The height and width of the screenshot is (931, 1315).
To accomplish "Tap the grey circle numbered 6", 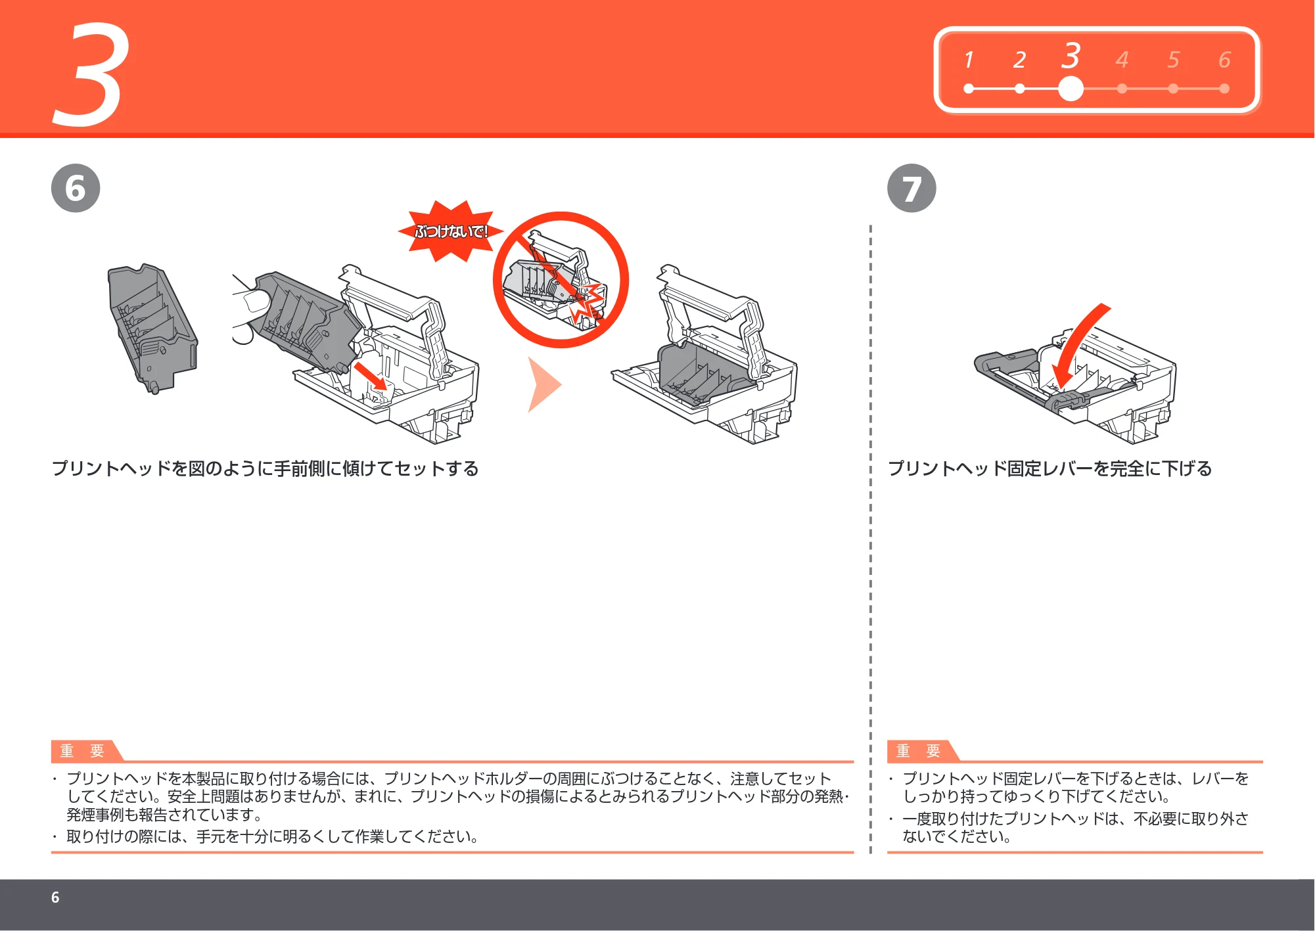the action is [76, 188].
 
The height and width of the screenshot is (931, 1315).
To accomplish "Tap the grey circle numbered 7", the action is [911, 188].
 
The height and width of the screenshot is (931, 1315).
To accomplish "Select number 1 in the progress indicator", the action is [969, 60].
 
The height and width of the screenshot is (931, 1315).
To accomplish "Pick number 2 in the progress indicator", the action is [1019, 60].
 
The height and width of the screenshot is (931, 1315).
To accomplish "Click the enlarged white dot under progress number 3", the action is [1071, 89].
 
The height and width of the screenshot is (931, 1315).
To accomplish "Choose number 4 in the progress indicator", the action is [1122, 60].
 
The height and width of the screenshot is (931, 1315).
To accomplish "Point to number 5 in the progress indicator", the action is [1173, 60].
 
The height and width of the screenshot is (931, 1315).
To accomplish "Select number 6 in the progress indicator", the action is [1224, 60].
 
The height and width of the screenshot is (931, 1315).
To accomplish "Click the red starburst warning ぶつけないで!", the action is [451, 231].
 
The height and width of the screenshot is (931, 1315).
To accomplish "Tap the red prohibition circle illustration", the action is [561, 280].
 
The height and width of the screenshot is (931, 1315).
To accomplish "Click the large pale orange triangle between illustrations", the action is [544, 384].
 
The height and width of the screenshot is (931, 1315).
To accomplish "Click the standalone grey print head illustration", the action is [152, 328].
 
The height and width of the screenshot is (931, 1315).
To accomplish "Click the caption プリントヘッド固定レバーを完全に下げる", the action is [1050, 468].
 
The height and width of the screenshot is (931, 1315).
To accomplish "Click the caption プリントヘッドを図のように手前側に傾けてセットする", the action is [265, 468].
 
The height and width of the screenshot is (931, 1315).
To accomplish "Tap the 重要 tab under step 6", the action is [83, 750].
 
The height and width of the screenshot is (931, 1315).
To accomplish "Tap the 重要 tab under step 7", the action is [919, 750].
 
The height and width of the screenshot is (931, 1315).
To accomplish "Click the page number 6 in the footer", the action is [55, 897].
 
